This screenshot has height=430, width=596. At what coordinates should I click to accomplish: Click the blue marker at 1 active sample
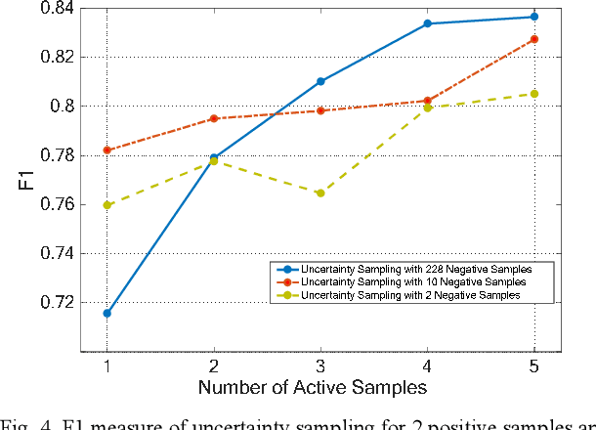(x=106, y=313)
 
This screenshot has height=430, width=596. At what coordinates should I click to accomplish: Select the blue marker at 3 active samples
(x=320, y=81)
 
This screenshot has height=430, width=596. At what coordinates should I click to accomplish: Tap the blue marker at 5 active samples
(x=533, y=17)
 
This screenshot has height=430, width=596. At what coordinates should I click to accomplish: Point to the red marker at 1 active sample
(x=106, y=150)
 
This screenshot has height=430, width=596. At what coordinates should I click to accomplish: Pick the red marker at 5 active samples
(x=533, y=39)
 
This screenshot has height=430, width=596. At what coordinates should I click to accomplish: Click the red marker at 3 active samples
(x=320, y=110)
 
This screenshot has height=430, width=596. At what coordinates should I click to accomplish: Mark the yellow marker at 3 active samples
(x=320, y=193)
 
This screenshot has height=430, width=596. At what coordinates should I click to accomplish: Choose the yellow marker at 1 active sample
(x=106, y=205)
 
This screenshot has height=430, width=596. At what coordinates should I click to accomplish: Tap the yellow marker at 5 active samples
(x=533, y=94)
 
